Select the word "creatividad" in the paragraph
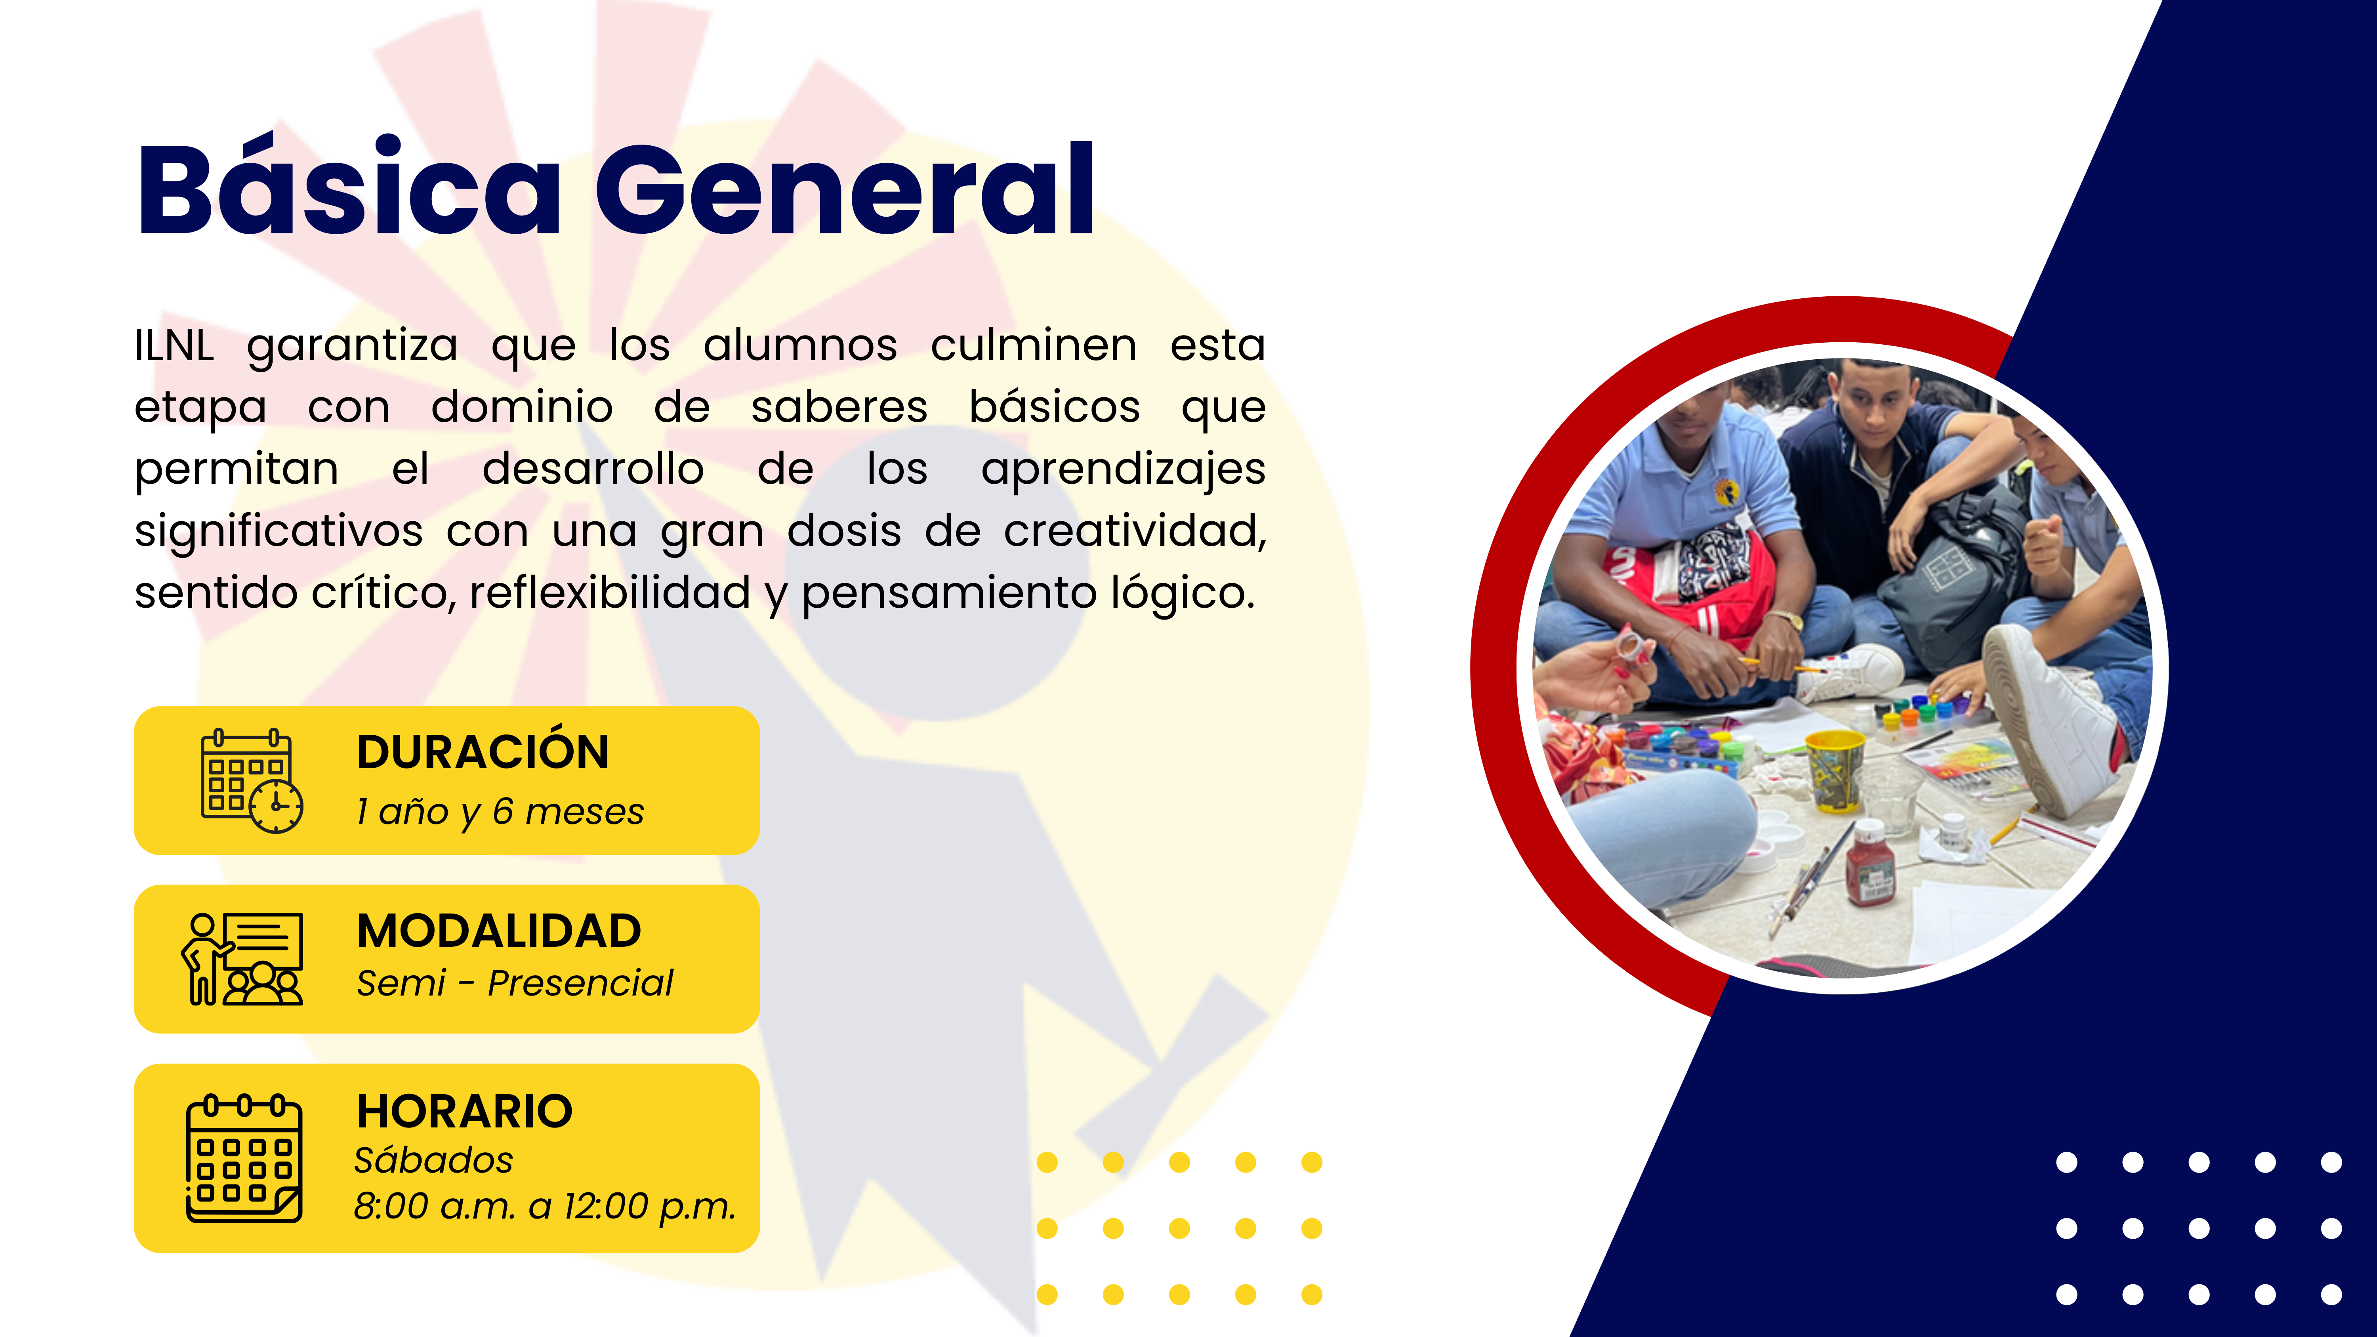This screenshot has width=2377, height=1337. point(1135,532)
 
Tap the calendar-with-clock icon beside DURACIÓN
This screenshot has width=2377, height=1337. point(251,780)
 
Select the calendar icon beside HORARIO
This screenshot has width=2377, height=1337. point(244,1159)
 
